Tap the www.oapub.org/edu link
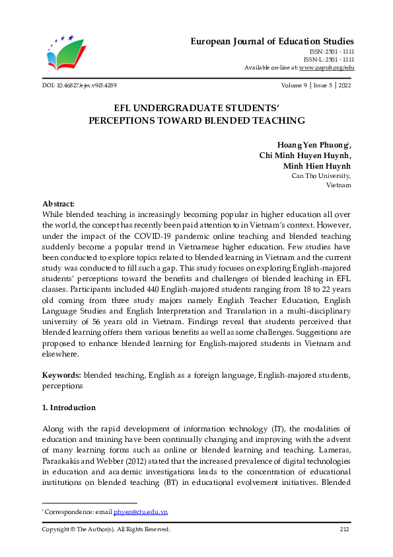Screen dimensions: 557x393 click(326, 67)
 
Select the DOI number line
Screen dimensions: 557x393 click(80, 86)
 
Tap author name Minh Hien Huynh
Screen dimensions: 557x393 click(317, 165)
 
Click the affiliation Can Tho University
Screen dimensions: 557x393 click(321, 176)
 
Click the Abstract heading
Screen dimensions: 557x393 click(58, 204)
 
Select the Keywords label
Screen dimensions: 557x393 click(61, 375)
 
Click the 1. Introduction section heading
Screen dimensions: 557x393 click(69, 407)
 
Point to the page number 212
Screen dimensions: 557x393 click(343, 529)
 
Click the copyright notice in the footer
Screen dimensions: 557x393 click(106, 529)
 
